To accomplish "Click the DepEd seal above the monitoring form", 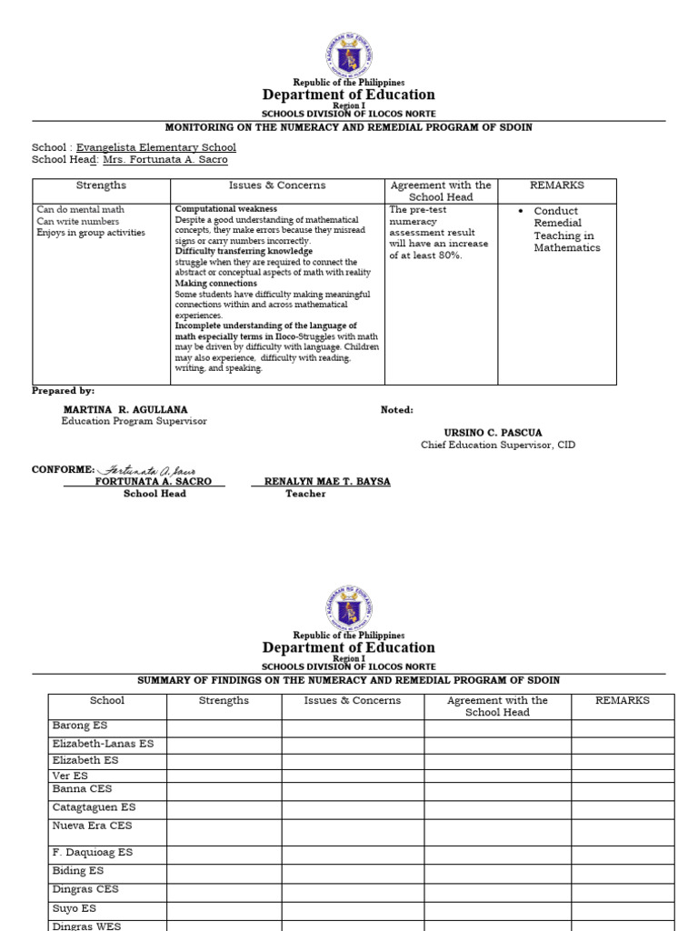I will click(x=349, y=55).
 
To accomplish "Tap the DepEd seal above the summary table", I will click(x=349, y=607).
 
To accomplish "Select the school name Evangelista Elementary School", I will click(x=155, y=147).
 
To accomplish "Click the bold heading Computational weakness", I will click(x=226, y=209).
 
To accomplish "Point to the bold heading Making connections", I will click(x=215, y=283).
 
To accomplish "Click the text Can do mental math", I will click(x=80, y=209).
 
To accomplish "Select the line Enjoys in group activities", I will click(x=90, y=233).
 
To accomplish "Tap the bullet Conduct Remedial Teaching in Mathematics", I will click(x=566, y=229).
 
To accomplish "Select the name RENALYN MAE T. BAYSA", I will click(x=327, y=482).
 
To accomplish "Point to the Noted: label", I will click(x=396, y=410).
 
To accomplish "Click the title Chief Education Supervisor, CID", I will click(x=497, y=445).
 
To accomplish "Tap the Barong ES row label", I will click(x=80, y=726).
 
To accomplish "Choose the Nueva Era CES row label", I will click(x=92, y=826).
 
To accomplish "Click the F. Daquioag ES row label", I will click(x=92, y=853).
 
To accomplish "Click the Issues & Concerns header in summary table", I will click(x=352, y=701).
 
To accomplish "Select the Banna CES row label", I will click(x=82, y=789).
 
